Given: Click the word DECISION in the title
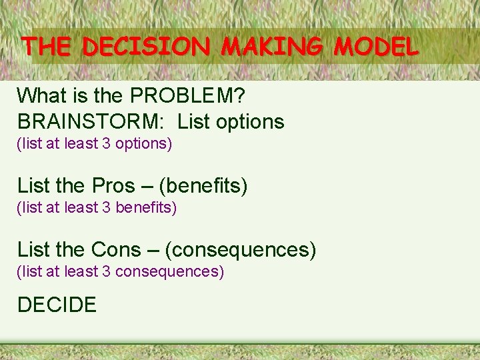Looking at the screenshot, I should (147, 46).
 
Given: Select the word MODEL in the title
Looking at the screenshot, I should (377, 46).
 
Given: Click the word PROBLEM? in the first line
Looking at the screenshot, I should (188, 96).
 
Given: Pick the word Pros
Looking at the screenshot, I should (114, 186).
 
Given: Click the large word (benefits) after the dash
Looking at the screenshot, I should (203, 186).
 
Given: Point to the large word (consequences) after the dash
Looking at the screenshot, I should (240, 250).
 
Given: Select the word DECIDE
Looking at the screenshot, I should (57, 305).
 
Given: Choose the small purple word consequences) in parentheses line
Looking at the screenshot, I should (170, 272).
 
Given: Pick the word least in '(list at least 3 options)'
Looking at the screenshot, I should (81, 144).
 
